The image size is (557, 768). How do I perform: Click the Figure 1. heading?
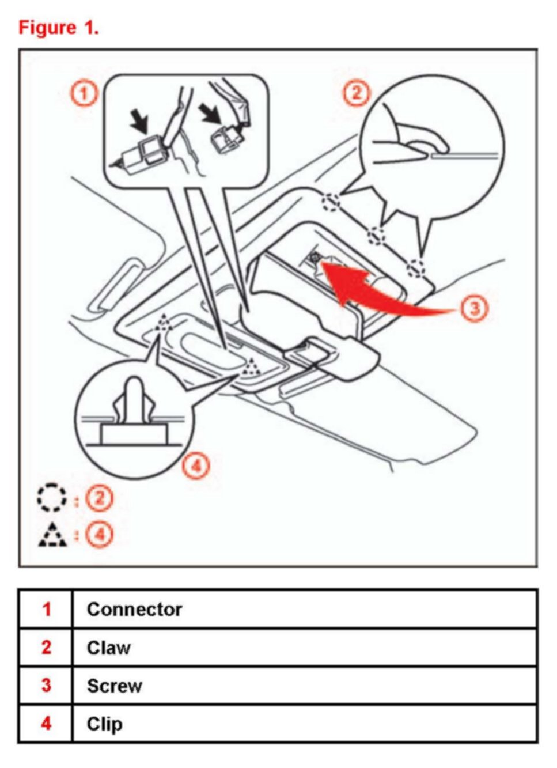59,28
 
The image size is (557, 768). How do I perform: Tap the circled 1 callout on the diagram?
84,92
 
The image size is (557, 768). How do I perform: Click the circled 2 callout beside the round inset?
356,93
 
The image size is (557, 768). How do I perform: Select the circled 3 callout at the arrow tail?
473,308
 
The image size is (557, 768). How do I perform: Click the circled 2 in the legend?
99,498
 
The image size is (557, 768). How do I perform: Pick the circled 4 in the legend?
99,535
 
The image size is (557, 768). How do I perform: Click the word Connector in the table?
134,609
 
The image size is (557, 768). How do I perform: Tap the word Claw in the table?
108,648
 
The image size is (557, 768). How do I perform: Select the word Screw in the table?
114,686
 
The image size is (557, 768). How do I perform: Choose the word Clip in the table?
104,724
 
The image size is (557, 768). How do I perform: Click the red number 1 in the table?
46,609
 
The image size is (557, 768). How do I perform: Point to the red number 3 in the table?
46,686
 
